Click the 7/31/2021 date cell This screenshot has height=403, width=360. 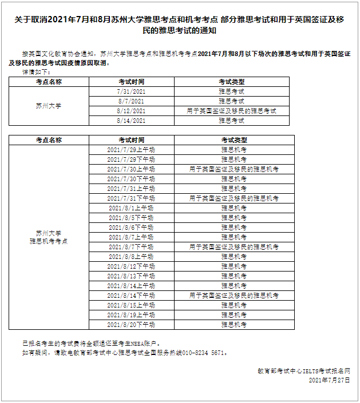(131, 91)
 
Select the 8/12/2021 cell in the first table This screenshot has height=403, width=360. (131, 111)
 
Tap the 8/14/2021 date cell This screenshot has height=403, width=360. (131, 121)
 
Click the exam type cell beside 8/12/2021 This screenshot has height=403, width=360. (231, 111)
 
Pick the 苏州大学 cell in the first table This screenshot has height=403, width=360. (49, 106)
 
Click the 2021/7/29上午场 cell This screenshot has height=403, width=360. (131, 150)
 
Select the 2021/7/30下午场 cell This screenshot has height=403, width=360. (131, 179)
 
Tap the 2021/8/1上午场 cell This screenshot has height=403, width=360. (131, 208)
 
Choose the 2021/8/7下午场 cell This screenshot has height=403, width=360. (131, 247)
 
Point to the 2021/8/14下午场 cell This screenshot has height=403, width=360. (131, 296)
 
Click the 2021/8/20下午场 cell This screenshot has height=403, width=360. (131, 325)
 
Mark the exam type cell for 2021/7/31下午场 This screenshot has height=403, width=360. (234, 198)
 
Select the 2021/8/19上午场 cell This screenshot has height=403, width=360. (131, 315)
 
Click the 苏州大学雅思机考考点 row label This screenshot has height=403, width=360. (49, 237)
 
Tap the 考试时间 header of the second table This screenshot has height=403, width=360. (131, 140)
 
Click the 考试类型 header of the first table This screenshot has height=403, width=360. (231, 82)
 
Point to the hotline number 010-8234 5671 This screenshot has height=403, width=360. (205, 353)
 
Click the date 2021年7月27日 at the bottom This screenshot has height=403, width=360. (329, 380)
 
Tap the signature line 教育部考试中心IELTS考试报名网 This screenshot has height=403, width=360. (303, 371)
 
